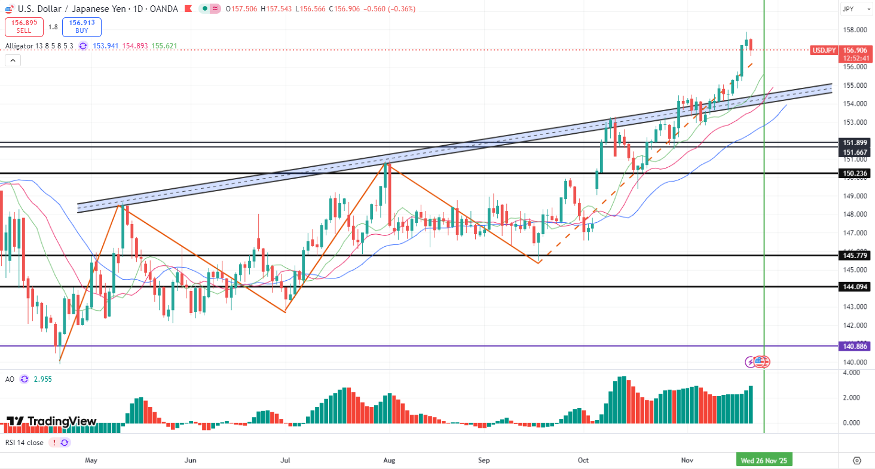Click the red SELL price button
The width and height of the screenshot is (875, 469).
coord(23,27)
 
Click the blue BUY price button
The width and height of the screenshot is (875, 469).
coord(82,27)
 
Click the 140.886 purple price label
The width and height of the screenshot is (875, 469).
coord(856,346)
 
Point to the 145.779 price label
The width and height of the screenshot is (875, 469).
coord(856,256)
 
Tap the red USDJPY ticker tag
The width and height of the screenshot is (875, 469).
coord(823,50)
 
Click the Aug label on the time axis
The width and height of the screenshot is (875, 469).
coord(389,461)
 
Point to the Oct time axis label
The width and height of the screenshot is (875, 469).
coord(584,461)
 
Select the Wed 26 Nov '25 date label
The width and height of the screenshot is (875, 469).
coord(764,461)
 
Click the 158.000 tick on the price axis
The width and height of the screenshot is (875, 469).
coord(855,30)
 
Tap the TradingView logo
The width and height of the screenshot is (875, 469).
coord(51,421)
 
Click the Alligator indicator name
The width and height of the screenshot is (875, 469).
coord(20,46)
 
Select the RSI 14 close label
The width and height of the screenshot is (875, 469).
coord(24,443)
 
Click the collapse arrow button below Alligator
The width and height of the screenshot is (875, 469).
coord(13,60)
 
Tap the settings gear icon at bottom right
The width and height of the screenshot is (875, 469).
coord(857,461)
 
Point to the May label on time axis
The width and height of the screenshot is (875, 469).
coord(91,461)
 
